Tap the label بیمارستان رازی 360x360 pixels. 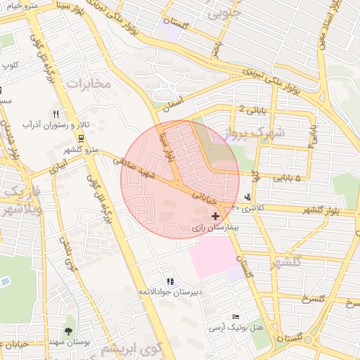216,229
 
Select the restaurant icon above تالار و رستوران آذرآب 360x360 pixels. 56,113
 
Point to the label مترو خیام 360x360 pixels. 19,5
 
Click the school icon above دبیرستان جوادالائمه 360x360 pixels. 170,281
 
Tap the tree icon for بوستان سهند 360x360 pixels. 68,330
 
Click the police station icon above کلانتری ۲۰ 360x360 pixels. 247,197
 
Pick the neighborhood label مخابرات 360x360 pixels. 89,83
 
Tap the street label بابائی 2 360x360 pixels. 252,109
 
